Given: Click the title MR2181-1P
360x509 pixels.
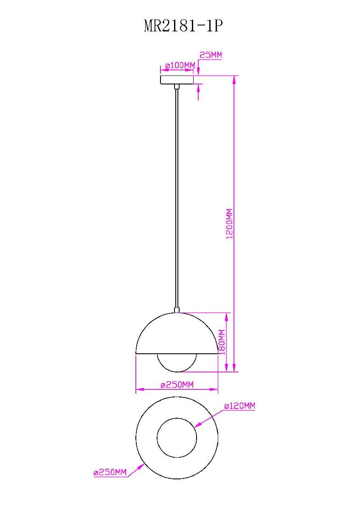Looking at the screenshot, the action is coord(183,26).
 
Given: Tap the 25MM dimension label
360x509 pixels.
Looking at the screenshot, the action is coord(211,55).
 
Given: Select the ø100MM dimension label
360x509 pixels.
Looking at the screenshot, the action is coord(180,66).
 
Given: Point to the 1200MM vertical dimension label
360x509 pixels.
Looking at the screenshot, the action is coord(230,224).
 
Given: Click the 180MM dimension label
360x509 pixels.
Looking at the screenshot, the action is coord(222,342).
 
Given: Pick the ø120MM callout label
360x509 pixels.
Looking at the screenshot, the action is coord(240,406).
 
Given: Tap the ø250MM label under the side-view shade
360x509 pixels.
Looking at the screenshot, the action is coord(177,385).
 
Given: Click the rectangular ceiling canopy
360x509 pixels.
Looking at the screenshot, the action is coord(177,80).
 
